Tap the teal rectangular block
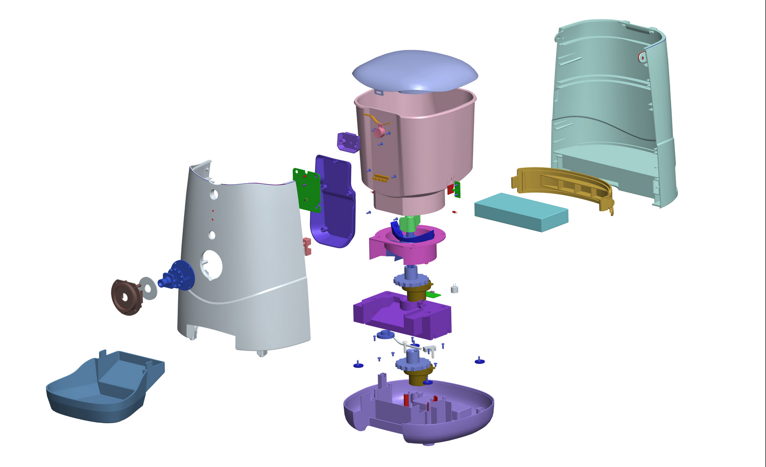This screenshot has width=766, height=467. (520, 211)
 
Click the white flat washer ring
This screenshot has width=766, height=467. (148, 287)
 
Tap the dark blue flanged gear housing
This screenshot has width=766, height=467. (179, 276)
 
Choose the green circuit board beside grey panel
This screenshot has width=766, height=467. (306, 190)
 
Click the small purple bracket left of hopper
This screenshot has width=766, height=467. (349, 142)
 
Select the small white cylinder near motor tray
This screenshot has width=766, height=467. (455, 289)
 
